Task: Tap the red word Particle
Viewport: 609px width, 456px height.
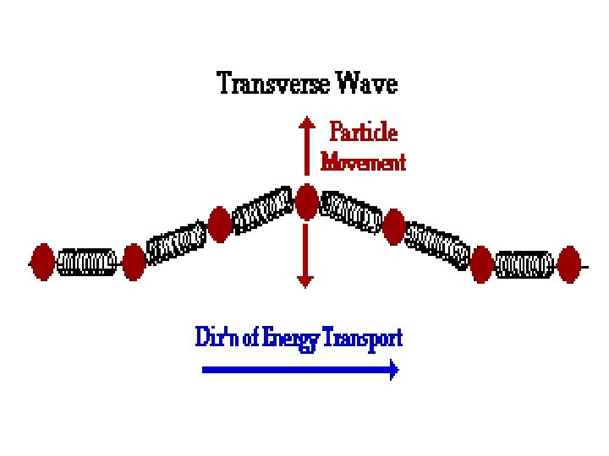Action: [x=363, y=133]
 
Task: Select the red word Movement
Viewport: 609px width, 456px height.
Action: [x=363, y=161]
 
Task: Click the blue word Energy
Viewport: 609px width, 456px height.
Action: [x=292, y=339]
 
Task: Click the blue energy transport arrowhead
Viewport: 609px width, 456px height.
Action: [x=392, y=369]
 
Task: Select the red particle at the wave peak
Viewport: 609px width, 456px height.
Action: [x=306, y=203]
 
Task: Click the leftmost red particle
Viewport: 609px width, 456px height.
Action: [x=43, y=261]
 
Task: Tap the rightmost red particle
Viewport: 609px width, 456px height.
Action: [x=570, y=263]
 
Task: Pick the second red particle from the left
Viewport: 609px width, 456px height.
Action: [x=134, y=261]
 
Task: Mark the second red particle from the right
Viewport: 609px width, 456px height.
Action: [x=482, y=264]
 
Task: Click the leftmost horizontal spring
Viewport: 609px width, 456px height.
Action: [x=87, y=262]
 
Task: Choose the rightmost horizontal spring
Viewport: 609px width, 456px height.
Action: [x=525, y=264]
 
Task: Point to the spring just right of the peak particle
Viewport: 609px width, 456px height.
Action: [x=350, y=214]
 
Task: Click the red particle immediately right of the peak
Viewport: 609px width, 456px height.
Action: [x=393, y=226]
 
